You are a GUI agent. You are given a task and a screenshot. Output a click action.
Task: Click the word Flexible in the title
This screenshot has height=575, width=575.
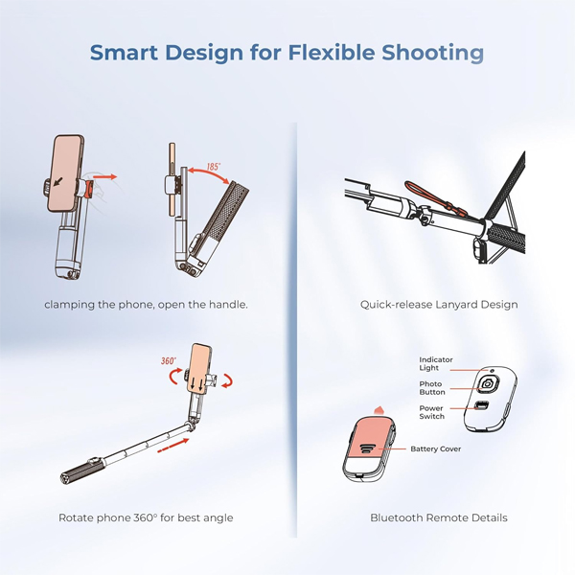(x=332, y=52)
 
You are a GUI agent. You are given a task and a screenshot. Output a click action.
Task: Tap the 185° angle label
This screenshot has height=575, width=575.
(x=214, y=167)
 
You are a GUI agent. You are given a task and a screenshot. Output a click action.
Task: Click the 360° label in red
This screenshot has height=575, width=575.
(x=169, y=361)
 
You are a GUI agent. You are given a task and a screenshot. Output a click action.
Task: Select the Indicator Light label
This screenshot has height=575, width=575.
(x=436, y=363)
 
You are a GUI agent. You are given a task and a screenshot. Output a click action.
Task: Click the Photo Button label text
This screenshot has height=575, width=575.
(x=432, y=387)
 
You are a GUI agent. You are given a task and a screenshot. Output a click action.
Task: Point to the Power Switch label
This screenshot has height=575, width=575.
(x=431, y=412)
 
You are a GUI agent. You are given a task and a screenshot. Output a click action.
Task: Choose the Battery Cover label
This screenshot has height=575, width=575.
(x=436, y=448)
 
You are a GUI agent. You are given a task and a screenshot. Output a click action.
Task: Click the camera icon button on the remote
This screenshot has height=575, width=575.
(x=488, y=384)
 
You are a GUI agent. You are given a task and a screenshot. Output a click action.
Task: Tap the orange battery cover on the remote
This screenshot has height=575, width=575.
(x=370, y=438)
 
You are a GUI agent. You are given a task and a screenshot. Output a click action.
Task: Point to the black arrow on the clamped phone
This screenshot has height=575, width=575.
(x=57, y=181)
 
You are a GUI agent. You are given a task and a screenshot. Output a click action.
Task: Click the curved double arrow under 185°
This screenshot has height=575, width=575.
(x=208, y=173)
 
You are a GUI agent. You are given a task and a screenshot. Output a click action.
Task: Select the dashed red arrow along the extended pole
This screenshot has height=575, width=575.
(x=173, y=446)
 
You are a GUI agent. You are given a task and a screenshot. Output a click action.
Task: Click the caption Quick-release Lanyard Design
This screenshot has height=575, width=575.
(x=439, y=305)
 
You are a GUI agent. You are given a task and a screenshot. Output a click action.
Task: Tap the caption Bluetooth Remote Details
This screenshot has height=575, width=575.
(x=439, y=517)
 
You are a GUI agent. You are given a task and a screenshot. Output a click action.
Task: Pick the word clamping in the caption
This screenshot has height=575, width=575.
(x=70, y=305)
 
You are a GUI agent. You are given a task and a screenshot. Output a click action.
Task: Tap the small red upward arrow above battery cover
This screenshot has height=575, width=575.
(x=379, y=409)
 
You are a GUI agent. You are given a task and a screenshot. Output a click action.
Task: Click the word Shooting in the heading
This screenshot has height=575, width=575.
(x=433, y=53)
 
